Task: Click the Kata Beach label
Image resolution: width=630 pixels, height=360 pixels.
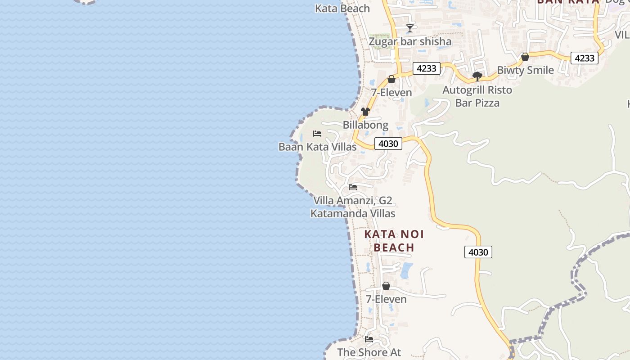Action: pos(342,9)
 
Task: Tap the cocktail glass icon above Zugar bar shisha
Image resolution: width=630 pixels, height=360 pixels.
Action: pos(409,28)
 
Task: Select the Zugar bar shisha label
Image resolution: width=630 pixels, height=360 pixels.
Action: pos(410,42)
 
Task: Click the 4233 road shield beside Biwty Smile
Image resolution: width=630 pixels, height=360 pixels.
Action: pos(585,58)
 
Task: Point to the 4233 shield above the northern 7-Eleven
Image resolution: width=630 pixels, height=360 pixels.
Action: pos(426,68)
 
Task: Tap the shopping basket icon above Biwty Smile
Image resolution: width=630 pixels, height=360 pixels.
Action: pos(525,57)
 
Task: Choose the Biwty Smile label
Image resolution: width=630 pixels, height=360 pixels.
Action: pos(525,70)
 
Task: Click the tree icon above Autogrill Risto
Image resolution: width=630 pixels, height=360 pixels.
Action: pos(477,76)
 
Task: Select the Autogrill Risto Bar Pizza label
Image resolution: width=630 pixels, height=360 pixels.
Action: pos(477,96)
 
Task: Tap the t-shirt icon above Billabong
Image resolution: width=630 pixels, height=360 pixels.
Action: pos(365,112)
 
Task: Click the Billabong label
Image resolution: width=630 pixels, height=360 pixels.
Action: pos(365,125)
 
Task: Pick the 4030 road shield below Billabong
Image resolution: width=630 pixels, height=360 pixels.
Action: pos(388,144)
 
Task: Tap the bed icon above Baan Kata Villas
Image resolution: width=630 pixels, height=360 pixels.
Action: pos(317,134)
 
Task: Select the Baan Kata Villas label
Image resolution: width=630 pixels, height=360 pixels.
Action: pos(317,147)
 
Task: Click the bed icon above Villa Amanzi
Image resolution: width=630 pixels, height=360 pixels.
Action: pos(353,187)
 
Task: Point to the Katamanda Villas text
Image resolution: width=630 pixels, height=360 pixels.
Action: pos(353,213)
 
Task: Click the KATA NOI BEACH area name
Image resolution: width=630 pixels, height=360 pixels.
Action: pos(394,241)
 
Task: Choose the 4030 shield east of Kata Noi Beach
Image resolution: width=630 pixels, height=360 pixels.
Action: pos(478,252)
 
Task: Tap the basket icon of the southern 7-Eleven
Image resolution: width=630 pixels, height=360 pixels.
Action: pos(386,286)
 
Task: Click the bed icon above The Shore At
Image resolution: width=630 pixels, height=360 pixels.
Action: pos(369,339)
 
